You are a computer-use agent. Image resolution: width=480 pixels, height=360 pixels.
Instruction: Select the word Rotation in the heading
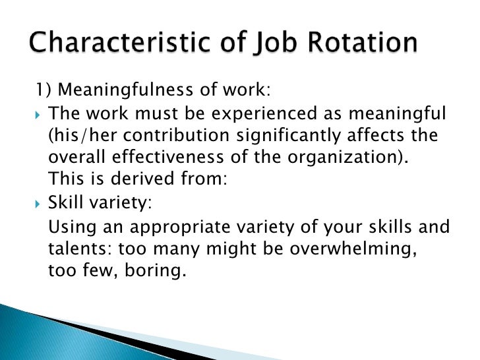pyautogui.click(x=361, y=44)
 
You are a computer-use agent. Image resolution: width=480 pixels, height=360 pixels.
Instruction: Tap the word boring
pyautogui.click(x=156, y=272)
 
